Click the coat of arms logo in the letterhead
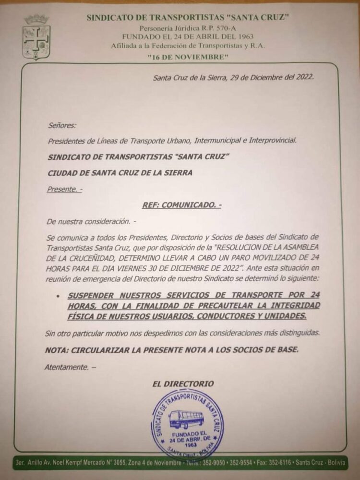pyautogui.click(x=36, y=37)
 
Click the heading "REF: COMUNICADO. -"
pyautogui.click(x=182, y=205)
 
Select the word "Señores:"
pyautogui.click(x=62, y=126)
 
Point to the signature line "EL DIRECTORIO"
pyautogui.click(x=183, y=384)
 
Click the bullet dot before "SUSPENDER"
pyautogui.click(x=58, y=296)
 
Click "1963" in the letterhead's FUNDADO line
pyautogui.click(x=243, y=36)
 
